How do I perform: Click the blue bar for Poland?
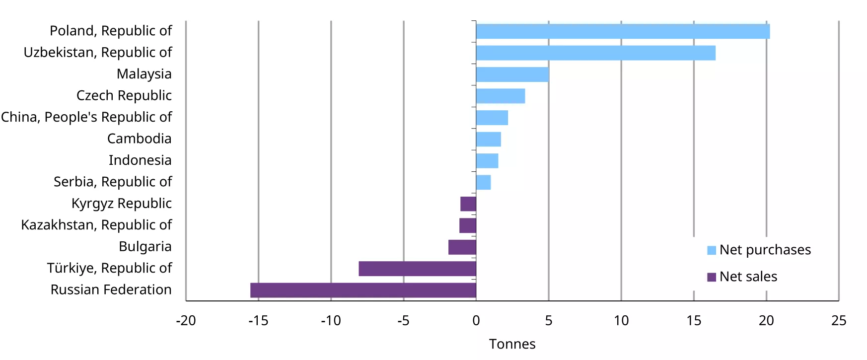(x=623, y=31)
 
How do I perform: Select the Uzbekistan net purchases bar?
(x=595, y=53)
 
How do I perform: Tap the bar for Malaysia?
(x=512, y=74)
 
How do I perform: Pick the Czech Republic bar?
(x=500, y=96)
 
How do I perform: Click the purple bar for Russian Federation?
(x=363, y=290)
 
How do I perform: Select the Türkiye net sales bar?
(x=417, y=269)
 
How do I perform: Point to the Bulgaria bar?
(x=462, y=247)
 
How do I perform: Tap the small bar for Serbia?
(x=483, y=182)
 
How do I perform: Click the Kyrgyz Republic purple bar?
(x=468, y=204)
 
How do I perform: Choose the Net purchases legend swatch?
(x=711, y=250)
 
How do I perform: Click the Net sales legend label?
(x=748, y=277)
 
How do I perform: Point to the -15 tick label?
(x=258, y=321)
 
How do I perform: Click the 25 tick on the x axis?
(x=838, y=321)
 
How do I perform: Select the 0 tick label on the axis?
(x=476, y=321)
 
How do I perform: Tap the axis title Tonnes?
(x=512, y=344)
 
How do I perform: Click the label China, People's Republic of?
(x=86, y=117)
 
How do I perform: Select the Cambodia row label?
(x=139, y=139)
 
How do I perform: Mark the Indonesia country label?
(x=140, y=160)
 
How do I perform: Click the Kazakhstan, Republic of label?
(x=96, y=225)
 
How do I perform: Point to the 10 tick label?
(x=621, y=321)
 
